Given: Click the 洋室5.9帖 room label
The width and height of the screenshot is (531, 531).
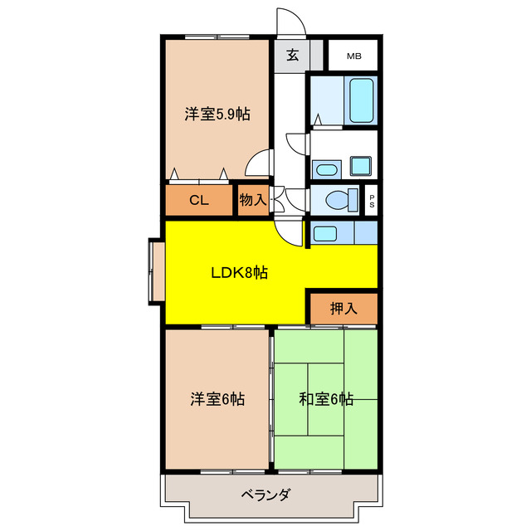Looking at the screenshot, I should [217, 115].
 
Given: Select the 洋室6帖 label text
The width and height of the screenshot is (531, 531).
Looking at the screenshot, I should [217, 400].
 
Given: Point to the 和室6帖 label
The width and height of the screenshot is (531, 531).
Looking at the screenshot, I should [326, 400].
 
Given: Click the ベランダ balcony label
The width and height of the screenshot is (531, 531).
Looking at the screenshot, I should [265, 495].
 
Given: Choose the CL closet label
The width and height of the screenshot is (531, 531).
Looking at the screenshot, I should [198, 200].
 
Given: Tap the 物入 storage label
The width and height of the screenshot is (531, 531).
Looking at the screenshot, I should [253, 200].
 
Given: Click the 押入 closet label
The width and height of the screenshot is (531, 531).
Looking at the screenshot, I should [343, 309].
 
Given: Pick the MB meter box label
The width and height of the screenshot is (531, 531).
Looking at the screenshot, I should [354, 56].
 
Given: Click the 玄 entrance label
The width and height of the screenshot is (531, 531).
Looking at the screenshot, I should [293, 56].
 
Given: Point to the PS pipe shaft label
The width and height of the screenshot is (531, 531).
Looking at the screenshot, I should [371, 200].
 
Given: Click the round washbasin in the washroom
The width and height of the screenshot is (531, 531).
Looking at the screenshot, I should [328, 169].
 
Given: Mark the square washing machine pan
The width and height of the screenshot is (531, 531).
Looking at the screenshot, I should [362, 166].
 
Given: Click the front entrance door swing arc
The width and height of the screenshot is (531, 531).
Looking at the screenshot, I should [290, 21].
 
